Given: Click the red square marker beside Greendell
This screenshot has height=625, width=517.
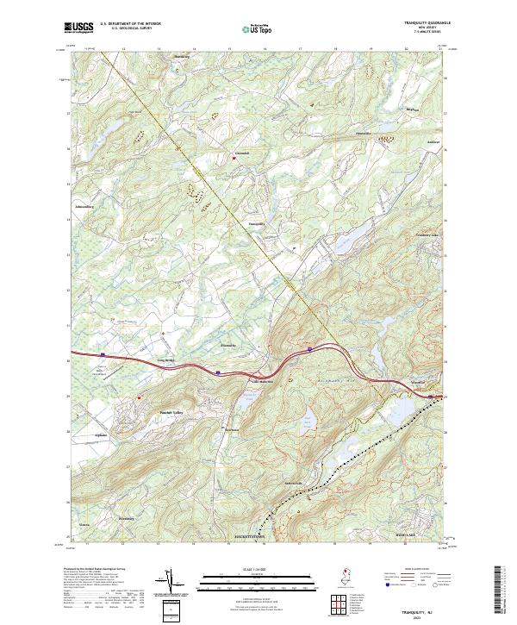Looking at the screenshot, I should (x=234, y=157).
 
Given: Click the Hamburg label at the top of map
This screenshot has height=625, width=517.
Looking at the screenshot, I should (x=181, y=57).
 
